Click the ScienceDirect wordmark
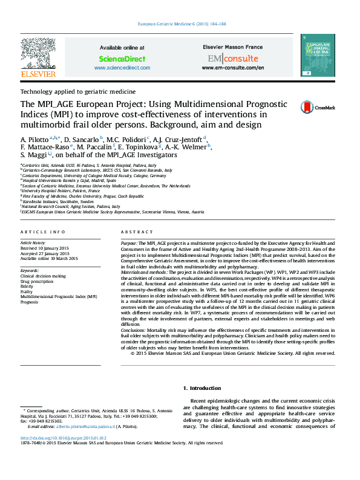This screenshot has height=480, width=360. [x=122, y=59]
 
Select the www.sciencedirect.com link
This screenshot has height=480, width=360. [x=122, y=68]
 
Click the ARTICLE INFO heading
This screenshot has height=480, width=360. [x=43, y=232]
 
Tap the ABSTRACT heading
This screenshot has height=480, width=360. [x=133, y=232]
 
